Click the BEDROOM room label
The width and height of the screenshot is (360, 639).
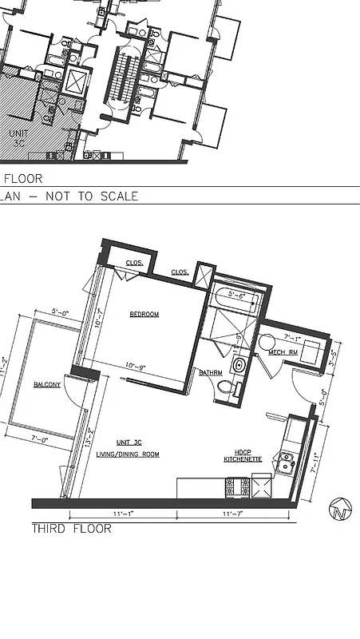[144, 315]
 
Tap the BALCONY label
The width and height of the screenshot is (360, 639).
[47, 385]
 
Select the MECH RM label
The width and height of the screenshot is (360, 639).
[283, 352]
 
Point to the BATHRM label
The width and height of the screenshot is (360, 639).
[211, 372]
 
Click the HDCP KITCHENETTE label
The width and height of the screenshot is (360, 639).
[243, 455]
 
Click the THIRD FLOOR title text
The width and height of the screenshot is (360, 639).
[71, 529]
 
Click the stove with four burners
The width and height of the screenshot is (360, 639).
[239, 487]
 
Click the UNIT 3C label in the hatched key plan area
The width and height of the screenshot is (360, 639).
[18, 137]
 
